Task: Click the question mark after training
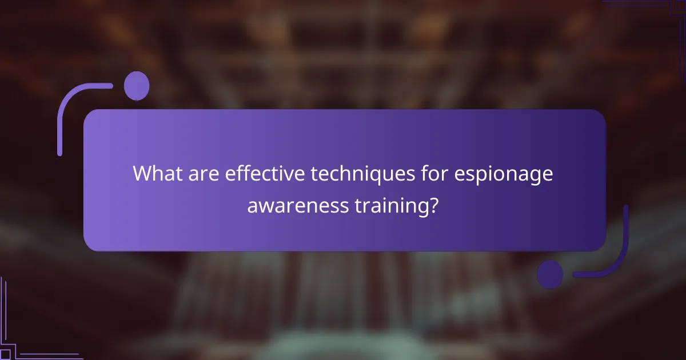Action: [x=434, y=205]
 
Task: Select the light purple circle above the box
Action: [x=137, y=86]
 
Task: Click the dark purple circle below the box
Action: [x=550, y=274]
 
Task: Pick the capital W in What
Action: [x=143, y=173]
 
